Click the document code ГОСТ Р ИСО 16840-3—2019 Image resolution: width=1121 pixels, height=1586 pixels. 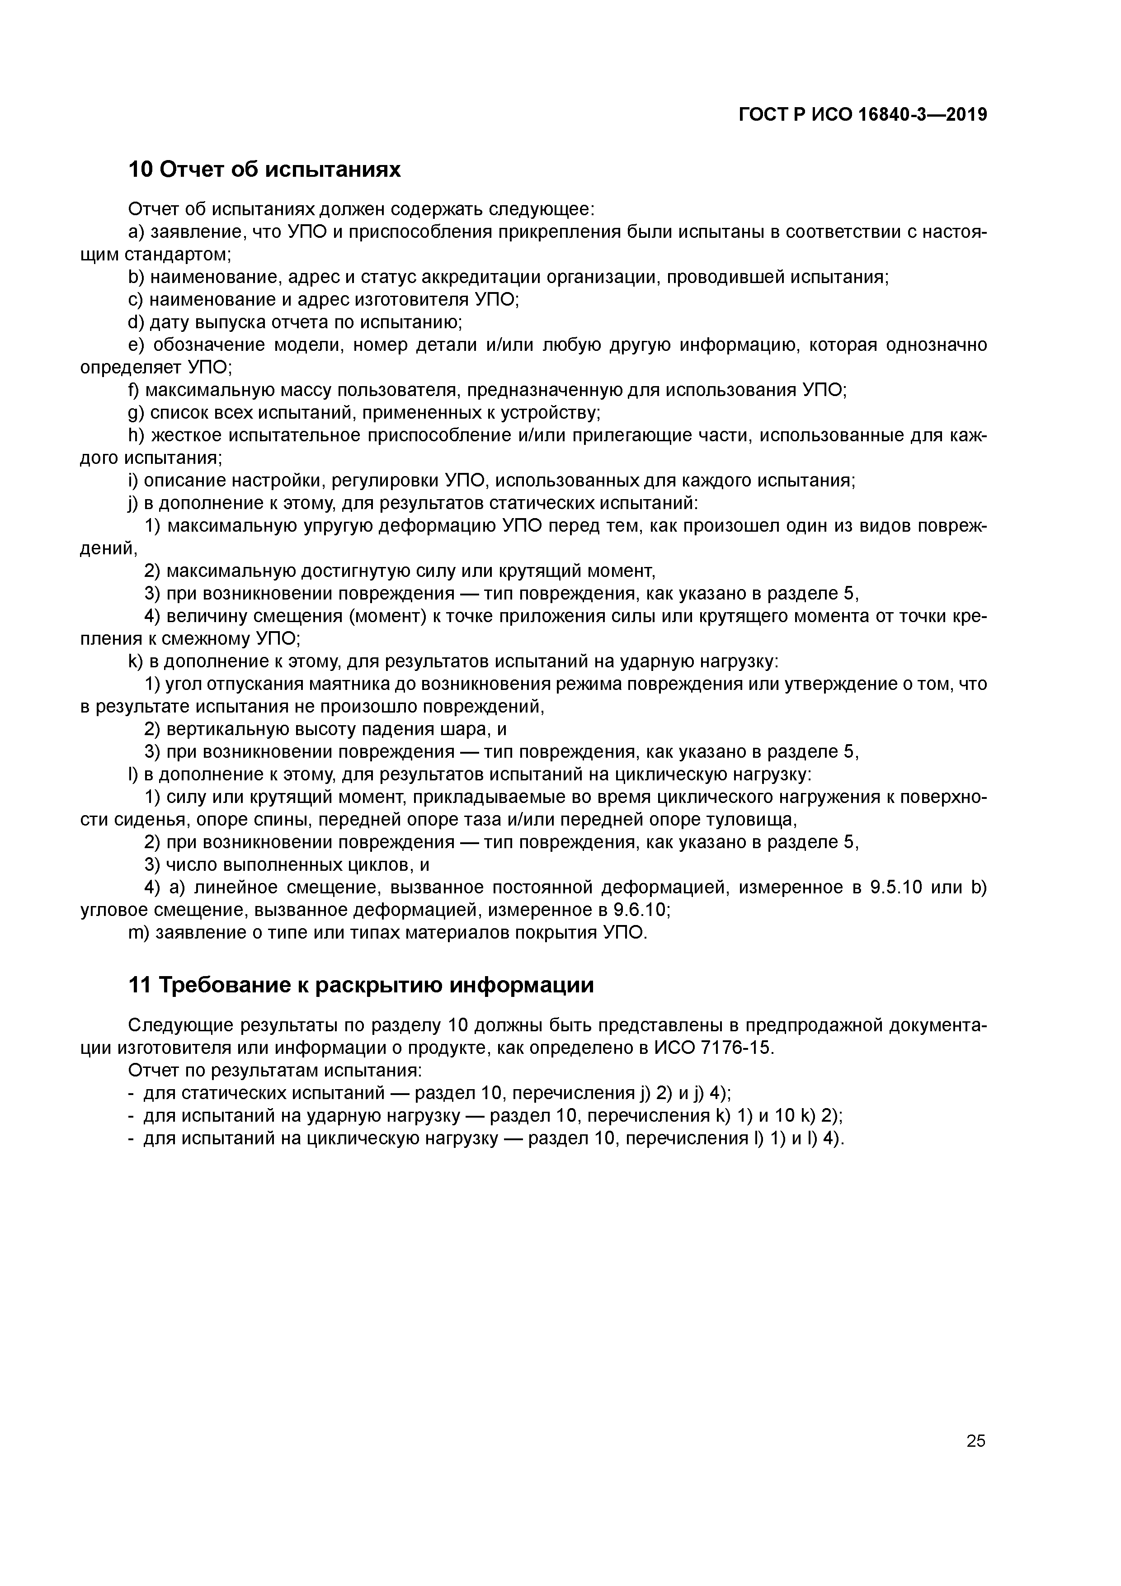coord(863,115)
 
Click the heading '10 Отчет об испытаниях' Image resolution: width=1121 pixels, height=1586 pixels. coord(264,169)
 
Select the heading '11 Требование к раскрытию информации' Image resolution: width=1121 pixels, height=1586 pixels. coord(361,985)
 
